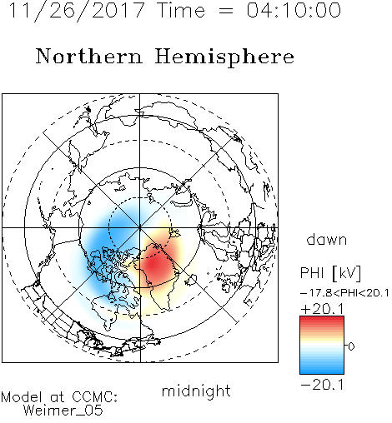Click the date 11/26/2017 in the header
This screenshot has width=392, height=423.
77,10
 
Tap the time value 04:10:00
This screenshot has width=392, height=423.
294,10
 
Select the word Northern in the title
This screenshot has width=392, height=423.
89,57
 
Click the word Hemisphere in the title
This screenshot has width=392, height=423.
224,57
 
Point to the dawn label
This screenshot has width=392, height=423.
327,239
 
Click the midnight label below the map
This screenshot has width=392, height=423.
196,391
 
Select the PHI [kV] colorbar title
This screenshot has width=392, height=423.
330,273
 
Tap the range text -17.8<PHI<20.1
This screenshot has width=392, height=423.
344,293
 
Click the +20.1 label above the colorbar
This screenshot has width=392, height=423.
322,309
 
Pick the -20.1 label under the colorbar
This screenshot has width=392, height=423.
322,385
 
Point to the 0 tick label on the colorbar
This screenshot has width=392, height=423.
351,346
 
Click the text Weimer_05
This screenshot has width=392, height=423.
63,411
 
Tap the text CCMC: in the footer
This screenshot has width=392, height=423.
95,397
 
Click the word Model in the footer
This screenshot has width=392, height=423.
22,397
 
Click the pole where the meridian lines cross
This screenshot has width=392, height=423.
140,227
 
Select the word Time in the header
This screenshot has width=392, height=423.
181,10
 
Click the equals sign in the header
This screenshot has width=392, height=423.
226,11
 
